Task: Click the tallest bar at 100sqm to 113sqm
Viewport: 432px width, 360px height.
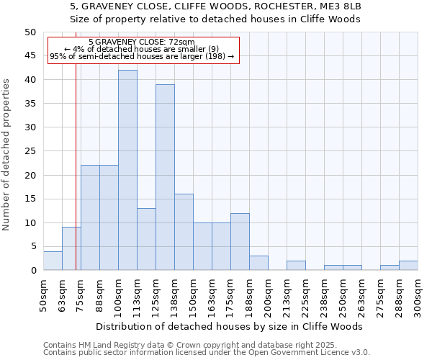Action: (127, 170)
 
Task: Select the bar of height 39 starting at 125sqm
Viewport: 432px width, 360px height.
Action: (165, 177)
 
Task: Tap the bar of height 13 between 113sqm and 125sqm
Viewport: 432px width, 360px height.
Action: (146, 239)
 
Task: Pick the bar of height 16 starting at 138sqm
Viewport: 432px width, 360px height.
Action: (184, 232)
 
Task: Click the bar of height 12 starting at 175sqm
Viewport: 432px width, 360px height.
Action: (240, 241)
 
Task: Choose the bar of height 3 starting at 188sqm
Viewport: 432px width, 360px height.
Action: (258, 263)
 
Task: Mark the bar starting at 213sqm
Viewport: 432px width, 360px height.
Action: (296, 266)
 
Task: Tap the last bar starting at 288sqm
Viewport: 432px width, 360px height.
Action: (408, 266)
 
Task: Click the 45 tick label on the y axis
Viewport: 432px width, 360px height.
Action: (30, 55)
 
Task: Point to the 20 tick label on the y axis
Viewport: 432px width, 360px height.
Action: (30, 175)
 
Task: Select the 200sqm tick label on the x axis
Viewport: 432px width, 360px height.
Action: (268, 296)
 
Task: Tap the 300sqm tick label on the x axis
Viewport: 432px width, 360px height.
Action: (418, 296)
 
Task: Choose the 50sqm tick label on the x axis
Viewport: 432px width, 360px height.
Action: (43, 294)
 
